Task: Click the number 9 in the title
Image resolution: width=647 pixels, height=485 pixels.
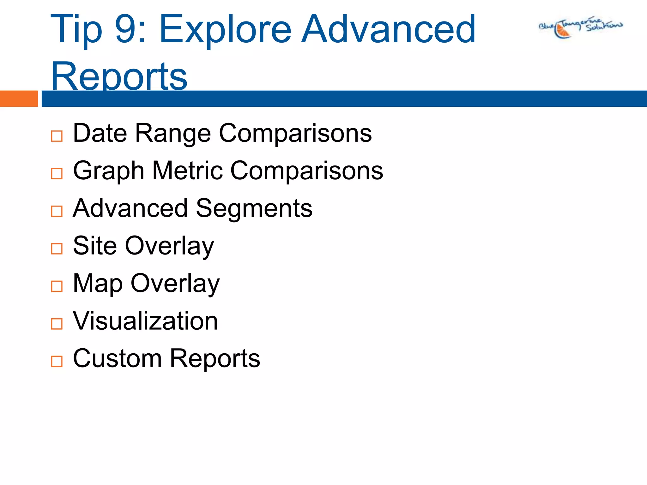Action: coord(126,29)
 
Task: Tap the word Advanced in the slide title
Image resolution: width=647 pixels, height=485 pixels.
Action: coord(388,29)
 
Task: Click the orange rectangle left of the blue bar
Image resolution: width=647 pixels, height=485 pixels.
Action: coord(19,99)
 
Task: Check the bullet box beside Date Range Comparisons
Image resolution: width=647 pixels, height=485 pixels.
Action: coord(57,136)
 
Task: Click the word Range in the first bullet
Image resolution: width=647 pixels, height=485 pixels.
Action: coord(173,133)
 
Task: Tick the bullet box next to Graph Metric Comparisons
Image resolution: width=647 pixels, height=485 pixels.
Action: coord(57,174)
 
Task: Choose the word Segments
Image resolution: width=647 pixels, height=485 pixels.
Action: coord(254,208)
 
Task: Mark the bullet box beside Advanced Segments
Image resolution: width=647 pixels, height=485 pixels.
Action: coord(57,211)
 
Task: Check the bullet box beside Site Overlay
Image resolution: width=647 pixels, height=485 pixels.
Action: coord(57,249)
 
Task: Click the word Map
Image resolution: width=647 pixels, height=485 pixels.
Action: coord(98,284)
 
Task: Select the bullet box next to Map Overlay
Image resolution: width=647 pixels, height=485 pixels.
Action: coord(57,286)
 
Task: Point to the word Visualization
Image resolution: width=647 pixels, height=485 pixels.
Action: coord(145,321)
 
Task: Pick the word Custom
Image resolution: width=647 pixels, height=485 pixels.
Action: coord(117,358)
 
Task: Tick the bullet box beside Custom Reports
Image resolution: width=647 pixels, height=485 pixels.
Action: coord(57,361)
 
